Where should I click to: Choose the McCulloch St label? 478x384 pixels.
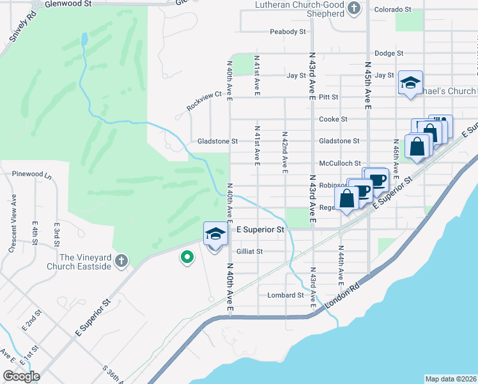pos(340,163)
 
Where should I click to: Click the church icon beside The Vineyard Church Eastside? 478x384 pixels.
pos(121,260)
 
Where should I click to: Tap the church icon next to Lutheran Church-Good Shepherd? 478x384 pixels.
pos(356,8)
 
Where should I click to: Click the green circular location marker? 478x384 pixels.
pos(187,257)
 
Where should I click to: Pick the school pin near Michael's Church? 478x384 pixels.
pos(410,83)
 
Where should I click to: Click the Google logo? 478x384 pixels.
pos(21,376)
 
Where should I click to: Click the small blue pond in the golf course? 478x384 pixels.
pos(84,40)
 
